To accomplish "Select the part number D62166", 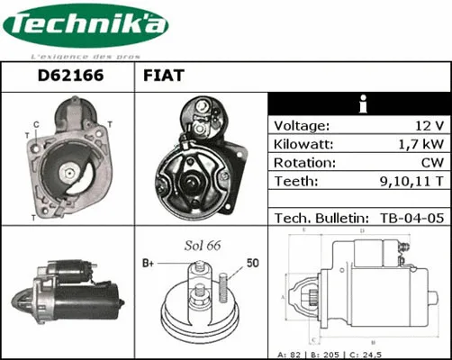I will (x=69, y=77).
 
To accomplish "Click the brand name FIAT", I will (x=164, y=77).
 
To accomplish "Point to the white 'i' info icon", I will (x=360, y=104).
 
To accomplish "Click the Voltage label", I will (x=302, y=126).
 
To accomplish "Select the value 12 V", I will (x=429, y=126).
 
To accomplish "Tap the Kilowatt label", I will (x=304, y=144).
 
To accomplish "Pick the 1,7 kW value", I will (x=421, y=144).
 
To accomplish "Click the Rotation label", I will (x=304, y=163).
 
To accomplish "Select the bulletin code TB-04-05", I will (x=411, y=218).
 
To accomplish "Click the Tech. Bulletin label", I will (x=321, y=218).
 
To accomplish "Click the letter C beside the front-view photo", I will (x=35, y=124).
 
